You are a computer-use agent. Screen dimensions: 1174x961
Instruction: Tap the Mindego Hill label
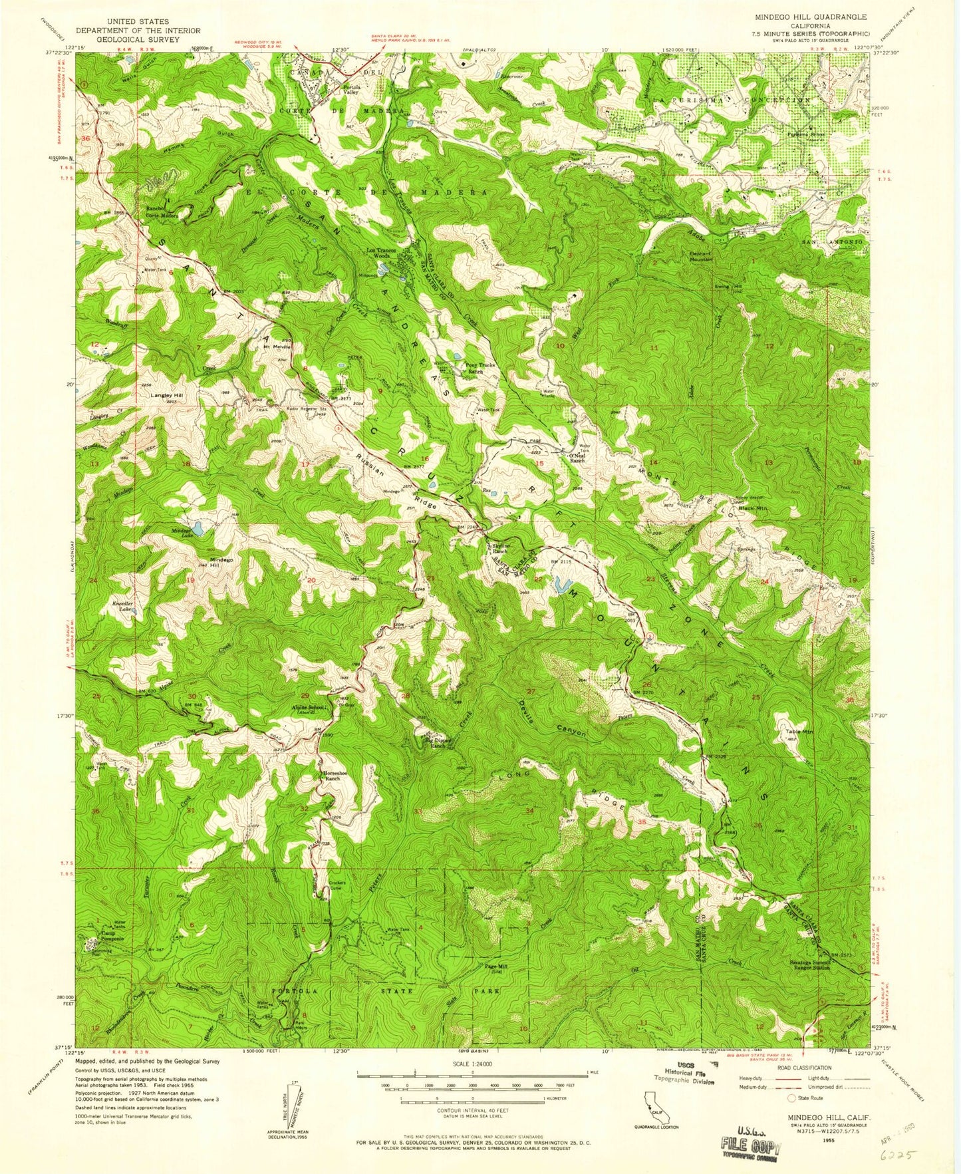221,563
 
